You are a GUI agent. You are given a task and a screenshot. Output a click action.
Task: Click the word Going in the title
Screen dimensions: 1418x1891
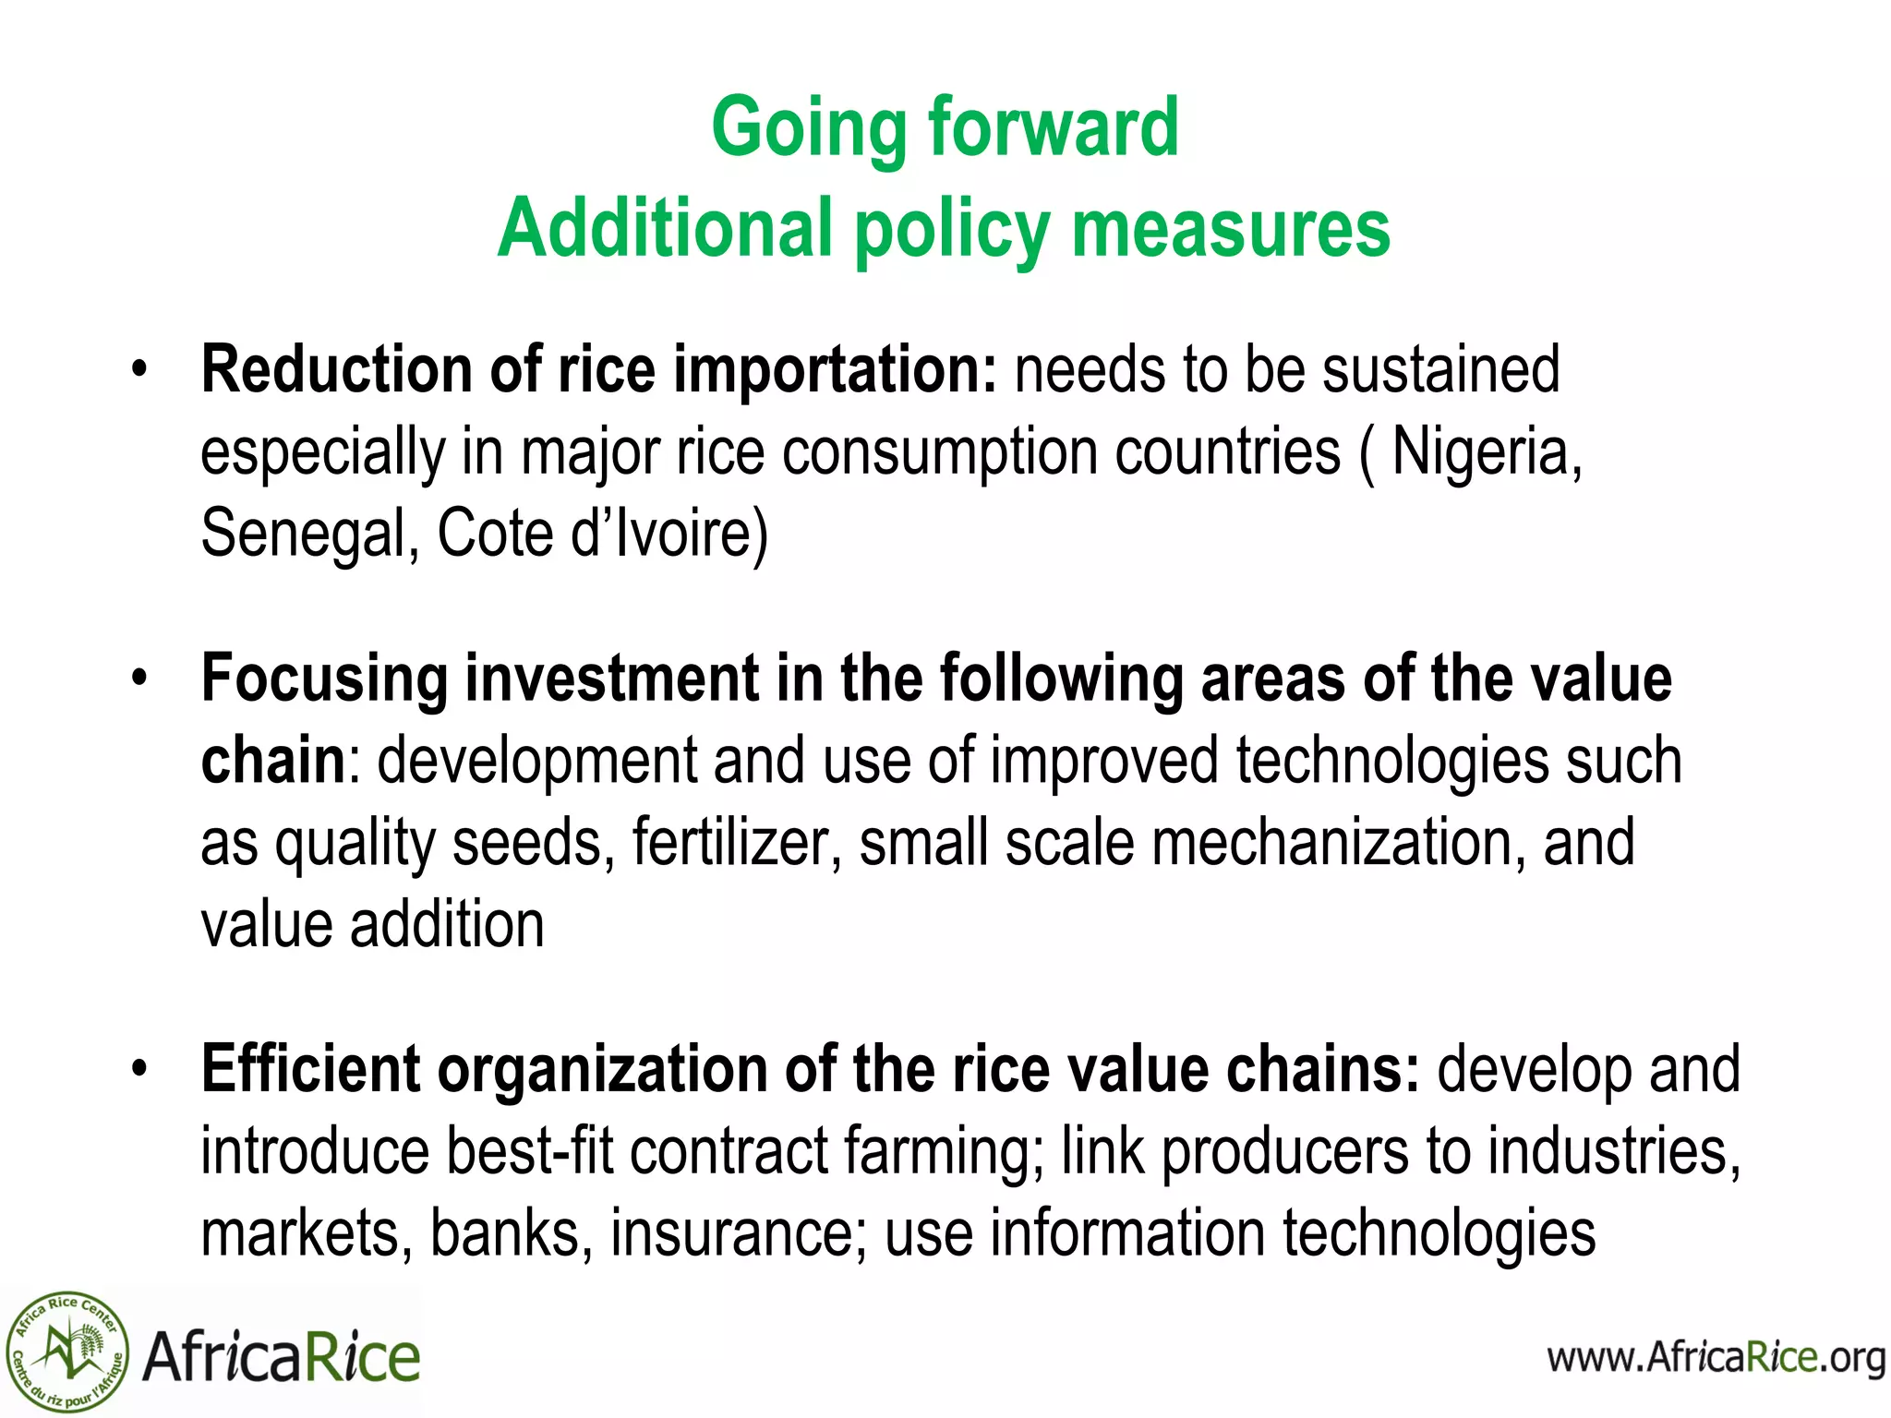tap(810, 129)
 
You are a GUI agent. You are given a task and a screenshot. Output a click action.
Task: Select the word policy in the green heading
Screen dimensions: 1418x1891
tap(951, 231)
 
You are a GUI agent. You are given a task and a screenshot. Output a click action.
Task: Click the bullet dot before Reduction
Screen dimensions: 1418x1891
tap(139, 371)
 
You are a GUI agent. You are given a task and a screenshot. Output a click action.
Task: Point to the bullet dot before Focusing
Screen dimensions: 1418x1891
tap(139, 679)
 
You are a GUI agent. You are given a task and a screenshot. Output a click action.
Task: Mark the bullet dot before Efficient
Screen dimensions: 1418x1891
tap(139, 1070)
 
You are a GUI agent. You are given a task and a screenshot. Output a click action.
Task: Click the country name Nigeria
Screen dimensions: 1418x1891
tap(1486, 452)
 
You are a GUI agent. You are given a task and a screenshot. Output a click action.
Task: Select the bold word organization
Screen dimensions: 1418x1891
tap(602, 1069)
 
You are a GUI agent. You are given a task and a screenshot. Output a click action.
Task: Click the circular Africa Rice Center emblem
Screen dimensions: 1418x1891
tap(67, 1352)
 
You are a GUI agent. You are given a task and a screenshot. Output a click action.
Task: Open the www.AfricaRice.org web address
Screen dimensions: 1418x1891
tap(1716, 1358)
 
